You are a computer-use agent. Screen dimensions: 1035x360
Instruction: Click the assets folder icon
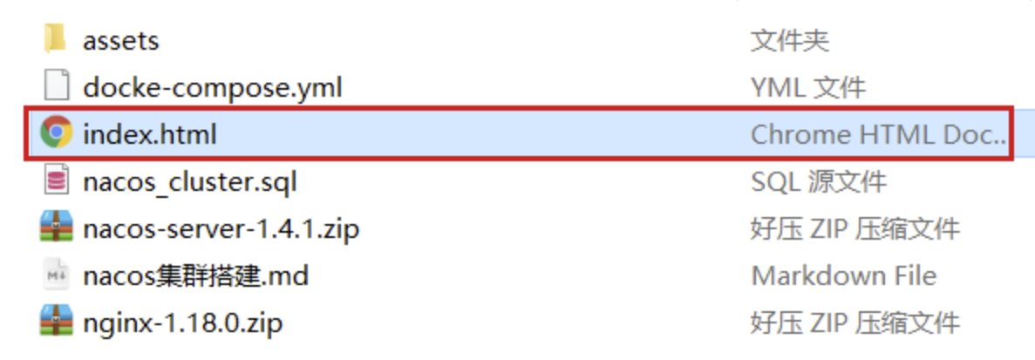55,39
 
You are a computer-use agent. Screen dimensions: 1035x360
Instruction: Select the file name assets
121,41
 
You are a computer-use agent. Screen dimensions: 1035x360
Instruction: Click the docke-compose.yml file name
213,88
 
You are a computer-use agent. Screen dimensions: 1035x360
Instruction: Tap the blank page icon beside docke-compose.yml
56,87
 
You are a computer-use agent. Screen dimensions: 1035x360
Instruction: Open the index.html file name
149,135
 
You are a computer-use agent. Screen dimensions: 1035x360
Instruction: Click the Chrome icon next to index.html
56,133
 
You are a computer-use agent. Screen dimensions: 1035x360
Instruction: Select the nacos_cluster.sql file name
190,182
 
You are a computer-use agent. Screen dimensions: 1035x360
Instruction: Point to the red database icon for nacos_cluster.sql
56,181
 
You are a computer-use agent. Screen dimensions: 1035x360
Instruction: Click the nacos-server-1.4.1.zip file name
221,229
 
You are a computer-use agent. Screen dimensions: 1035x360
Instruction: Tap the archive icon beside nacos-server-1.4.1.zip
56,228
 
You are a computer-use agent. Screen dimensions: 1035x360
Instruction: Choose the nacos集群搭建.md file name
196,276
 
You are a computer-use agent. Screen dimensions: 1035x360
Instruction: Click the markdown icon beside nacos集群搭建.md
56,275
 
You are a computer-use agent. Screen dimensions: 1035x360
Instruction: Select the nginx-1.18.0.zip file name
183,323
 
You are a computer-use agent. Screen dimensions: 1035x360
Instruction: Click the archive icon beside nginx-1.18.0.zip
56,323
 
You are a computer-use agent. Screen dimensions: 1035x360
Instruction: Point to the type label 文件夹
790,40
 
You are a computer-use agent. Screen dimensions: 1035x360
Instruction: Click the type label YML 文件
808,87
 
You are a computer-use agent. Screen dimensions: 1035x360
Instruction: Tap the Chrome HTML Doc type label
878,134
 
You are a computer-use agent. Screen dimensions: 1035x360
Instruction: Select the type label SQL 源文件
819,181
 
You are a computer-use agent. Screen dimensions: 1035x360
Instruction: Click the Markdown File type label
844,276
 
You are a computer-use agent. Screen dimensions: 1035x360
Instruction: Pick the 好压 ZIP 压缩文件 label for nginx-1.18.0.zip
855,323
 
